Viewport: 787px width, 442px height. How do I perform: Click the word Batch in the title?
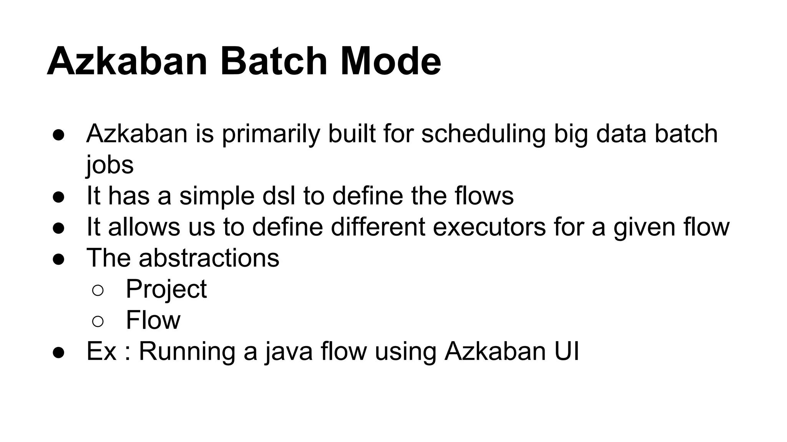273,61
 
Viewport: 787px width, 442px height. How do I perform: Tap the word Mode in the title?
390,61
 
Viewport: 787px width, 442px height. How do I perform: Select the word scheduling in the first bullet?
483,134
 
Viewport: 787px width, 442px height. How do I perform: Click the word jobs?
110,165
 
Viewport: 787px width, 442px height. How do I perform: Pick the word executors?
489,227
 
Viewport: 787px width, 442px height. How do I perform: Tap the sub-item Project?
166,289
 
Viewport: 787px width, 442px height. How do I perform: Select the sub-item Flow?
153,320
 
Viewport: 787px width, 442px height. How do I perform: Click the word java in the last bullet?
289,351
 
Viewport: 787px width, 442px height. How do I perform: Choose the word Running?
187,351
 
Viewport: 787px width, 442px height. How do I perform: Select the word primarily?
271,134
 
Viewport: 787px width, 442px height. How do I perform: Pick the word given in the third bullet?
644,227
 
